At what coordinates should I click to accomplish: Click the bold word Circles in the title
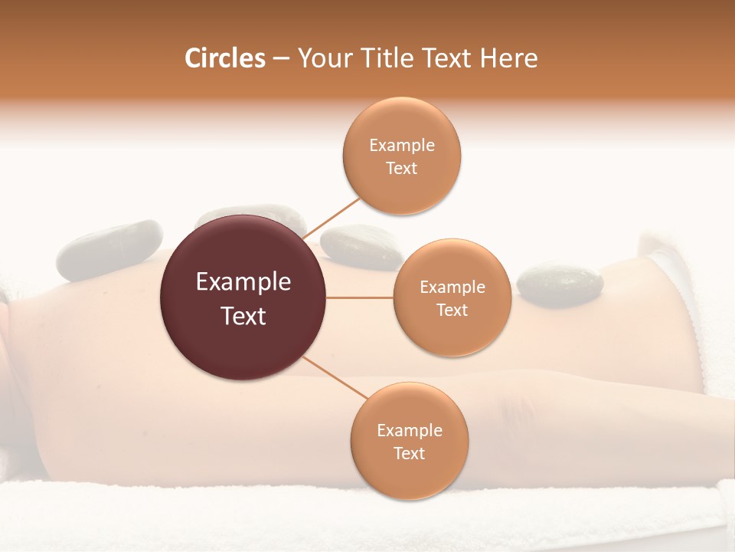[224, 58]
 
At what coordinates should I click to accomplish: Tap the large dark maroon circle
[243, 297]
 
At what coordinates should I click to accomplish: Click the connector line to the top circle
[332, 215]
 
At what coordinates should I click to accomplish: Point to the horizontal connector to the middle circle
[360, 297]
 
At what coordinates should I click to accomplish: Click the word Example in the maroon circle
[243, 282]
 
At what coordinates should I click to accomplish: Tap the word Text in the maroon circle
[243, 315]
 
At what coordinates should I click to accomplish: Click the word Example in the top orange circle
[401, 145]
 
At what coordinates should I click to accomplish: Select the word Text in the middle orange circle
[452, 310]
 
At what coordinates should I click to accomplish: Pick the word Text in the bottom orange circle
[409, 453]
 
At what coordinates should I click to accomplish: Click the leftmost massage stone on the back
[109, 250]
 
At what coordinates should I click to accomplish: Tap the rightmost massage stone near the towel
[560, 285]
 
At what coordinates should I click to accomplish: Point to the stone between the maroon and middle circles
[360, 247]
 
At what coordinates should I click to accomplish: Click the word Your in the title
[321, 58]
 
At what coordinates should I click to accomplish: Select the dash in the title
[281, 58]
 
